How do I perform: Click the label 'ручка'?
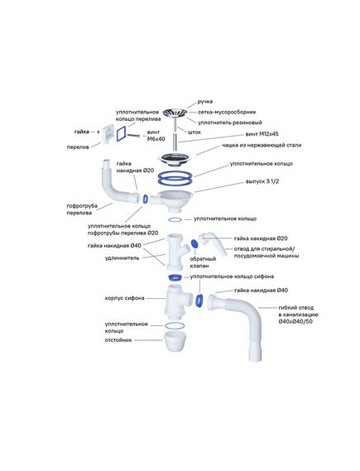[x=205, y=102]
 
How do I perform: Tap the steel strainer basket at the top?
[x=175, y=113]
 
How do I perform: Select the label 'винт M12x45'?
[x=262, y=134]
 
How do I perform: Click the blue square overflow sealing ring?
[x=121, y=133]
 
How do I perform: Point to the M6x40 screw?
[x=133, y=136]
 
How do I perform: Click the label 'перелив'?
[x=78, y=147]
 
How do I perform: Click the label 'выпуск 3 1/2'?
[x=262, y=181]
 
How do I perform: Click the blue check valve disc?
[x=194, y=243]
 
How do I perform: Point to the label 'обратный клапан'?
[x=203, y=262]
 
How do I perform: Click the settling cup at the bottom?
[x=175, y=341]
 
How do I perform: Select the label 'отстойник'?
[x=118, y=340]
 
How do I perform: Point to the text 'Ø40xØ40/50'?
[x=295, y=321]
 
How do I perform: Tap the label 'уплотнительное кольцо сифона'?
[x=232, y=276]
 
